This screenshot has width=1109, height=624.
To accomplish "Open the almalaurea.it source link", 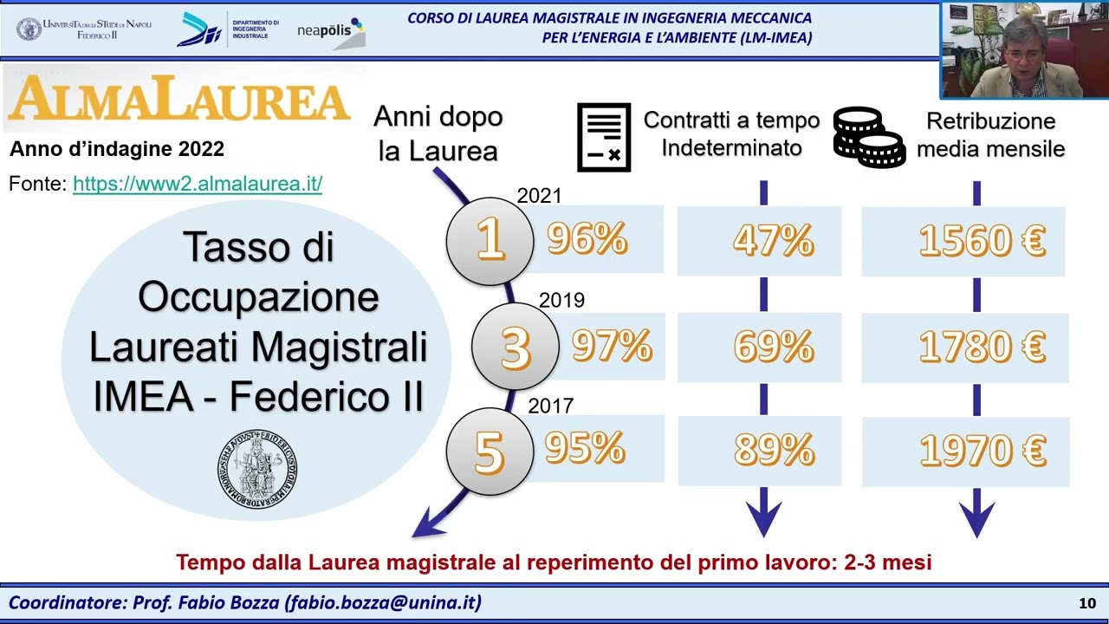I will click(x=198, y=184).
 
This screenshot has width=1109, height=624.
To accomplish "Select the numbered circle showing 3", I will click(x=515, y=347).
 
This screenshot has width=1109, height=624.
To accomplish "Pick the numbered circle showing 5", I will click(x=490, y=452).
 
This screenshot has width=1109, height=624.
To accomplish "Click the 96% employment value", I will click(x=587, y=239).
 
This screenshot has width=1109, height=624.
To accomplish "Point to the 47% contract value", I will click(x=773, y=241).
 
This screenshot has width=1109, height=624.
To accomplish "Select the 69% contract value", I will click(x=773, y=347).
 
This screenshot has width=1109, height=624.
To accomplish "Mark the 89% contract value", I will click(x=773, y=451).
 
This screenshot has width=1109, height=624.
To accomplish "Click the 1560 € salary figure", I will click(x=982, y=242).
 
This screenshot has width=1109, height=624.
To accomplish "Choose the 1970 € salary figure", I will click(x=982, y=452).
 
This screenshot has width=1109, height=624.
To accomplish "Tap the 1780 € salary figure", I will click(x=982, y=348).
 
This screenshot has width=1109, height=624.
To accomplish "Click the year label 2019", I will click(x=561, y=301).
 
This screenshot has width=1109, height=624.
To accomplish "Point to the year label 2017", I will click(x=550, y=406).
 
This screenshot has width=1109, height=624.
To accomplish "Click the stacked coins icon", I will click(x=868, y=137).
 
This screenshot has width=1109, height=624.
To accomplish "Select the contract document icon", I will click(x=604, y=137).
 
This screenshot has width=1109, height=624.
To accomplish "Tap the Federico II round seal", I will click(x=256, y=469).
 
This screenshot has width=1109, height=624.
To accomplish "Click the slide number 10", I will click(x=1086, y=603).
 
